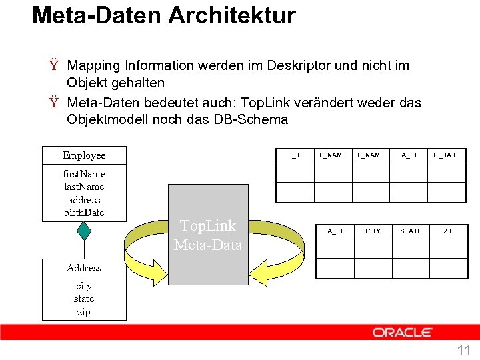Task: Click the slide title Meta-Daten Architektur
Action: [x=163, y=15]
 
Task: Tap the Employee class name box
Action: [x=84, y=155]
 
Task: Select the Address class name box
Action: [x=84, y=268]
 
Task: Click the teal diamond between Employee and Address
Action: [x=84, y=230]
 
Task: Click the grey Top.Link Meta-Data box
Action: [x=208, y=235]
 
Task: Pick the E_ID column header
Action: [x=295, y=155]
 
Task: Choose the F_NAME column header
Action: [x=333, y=155]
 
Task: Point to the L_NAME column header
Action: [x=371, y=155]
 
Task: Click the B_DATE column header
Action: [x=447, y=155]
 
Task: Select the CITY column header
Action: [x=373, y=231]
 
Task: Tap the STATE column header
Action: [x=411, y=231]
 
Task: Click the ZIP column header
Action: [x=449, y=231]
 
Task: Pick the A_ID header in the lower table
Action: [x=335, y=231]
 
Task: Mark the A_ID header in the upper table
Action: [x=409, y=155]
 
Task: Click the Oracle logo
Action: [x=403, y=332]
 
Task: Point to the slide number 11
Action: [x=463, y=350]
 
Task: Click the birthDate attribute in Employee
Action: [x=84, y=213]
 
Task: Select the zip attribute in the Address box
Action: [x=84, y=312]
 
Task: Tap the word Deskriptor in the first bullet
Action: [x=300, y=65]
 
